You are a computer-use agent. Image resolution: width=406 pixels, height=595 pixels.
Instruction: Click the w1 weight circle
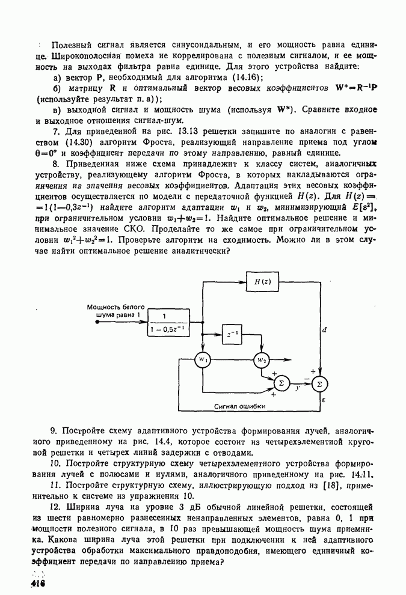[203, 359]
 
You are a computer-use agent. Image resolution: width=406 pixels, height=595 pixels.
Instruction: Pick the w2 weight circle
[261, 359]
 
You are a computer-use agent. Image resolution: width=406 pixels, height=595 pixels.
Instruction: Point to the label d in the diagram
[324, 329]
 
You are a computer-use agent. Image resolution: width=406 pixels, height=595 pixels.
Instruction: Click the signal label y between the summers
[298, 388]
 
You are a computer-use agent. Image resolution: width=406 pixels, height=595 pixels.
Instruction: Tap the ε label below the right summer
[324, 398]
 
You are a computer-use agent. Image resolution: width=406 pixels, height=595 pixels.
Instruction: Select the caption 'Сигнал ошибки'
[239, 406]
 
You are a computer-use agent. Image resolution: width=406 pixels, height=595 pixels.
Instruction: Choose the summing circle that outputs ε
[319, 383]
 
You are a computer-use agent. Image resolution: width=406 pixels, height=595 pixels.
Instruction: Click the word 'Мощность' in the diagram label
[104, 307]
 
